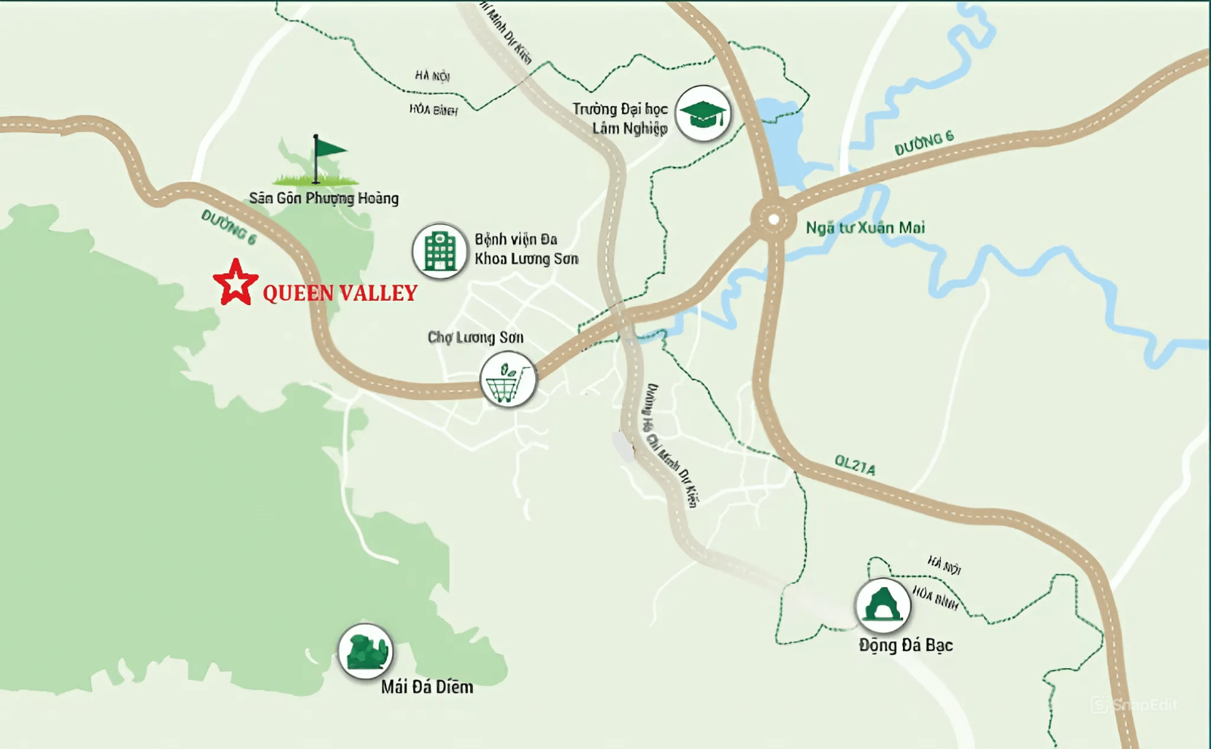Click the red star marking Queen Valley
click(x=235, y=283)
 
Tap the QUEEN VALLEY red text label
click(x=340, y=293)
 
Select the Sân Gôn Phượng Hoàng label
click(x=324, y=198)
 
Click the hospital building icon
click(x=440, y=251)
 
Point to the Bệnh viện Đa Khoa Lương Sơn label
click(x=526, y=249)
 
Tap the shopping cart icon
click(x=508, y=379)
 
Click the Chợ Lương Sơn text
click(x=475, y=337)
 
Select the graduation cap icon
click(x=703, y=114)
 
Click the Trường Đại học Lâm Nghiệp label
click(x=620, y=118)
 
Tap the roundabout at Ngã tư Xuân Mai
click(x=773, y=220)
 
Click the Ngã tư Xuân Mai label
click(x=865, y=227)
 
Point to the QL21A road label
click(x=855, y=465)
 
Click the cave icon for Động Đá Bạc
click(x=883, y=605)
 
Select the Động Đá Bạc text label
click(x=906, y=645)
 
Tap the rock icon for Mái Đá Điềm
click(x=365, y=651)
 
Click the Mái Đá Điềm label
click(x=427, y=687)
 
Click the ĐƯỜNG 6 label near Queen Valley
click(x=229, y=227)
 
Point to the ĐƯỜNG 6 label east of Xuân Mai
click(x=923, y=143)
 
